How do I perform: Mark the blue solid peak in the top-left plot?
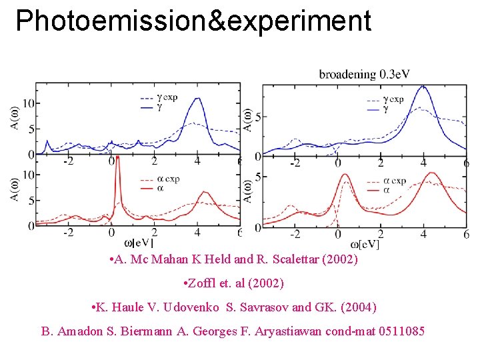pos(197,100)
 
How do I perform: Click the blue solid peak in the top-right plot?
pos(423,87)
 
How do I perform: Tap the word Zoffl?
pos(204,283)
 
